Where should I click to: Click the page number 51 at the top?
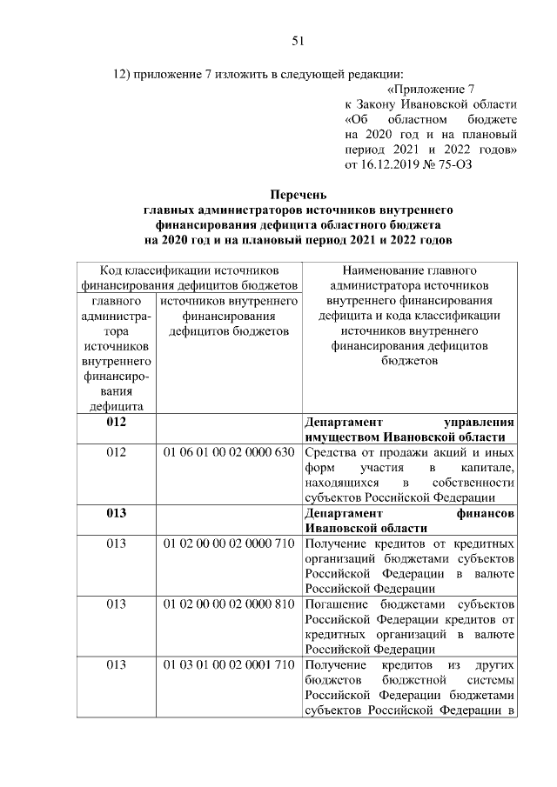(x=296, y=40)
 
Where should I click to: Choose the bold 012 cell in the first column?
(x=117, y=422)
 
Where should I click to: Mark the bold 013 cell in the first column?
(x=117, y=513)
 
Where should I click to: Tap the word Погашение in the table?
(x=336, y=604)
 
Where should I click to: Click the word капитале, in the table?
(x=493, y=468)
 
